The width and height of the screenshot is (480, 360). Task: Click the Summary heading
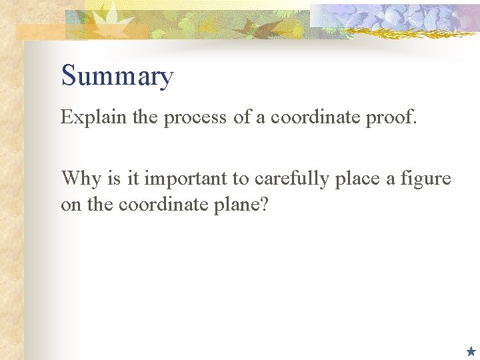(x=117, y=76)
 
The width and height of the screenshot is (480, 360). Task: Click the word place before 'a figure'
(x=361, y=179)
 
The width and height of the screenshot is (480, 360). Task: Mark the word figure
(x=427, y=179)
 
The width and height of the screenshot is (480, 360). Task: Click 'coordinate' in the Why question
(x=161, y=204)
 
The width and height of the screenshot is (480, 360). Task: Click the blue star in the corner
(x=471, y=351)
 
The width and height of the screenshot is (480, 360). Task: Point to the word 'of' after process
(x=240, y=117)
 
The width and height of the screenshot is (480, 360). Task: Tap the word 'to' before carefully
(x=243, y=179)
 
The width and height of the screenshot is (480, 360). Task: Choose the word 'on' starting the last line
(x=70, y=205)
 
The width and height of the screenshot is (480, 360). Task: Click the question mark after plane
(x=264, y=204)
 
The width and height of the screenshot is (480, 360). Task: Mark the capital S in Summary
(x=69, y=76)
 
